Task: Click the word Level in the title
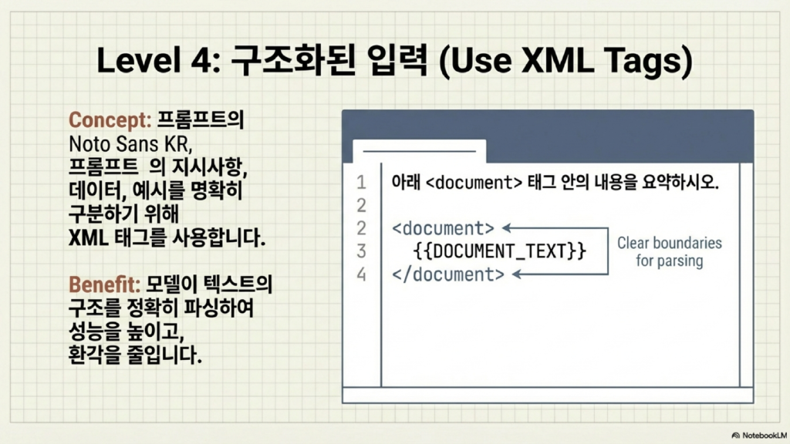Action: click(x=138, y=60)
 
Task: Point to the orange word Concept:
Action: click(x=110, y=119)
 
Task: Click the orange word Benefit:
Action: click(x=104, y=284)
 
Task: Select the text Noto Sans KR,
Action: click(x=130, y=144)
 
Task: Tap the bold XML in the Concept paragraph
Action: click(x=88, y=237)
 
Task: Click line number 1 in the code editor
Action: click(x=361, y=182)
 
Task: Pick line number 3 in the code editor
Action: click(x=361, y=251)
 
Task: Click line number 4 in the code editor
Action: click(x=361, y=274)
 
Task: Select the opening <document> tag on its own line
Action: click(x=444, y=228)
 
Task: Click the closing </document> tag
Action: click(x=448, y=274)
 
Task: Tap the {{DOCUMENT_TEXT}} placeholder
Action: click(x=499, y=251)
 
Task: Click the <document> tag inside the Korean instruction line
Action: click(x=474, y=182)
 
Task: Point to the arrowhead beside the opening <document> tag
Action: click(x=507, y=228)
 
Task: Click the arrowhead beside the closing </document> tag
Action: click(x=517, y=274)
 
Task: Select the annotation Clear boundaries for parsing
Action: click(x=670, y=252)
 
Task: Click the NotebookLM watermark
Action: click(x=759, y=436)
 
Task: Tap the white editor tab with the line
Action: click(x=420, y=150)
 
